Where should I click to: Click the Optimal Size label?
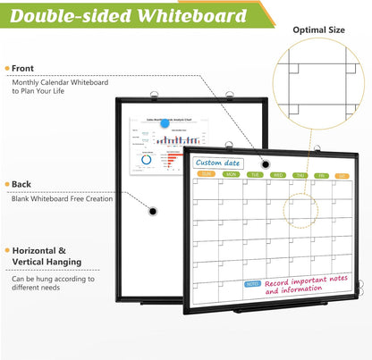pos(319,29)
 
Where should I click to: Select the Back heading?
pos(21,184)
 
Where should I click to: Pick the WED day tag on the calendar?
pos(279,175)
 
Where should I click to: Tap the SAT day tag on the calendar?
pos(342,176)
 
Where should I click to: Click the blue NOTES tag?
pos(253,283)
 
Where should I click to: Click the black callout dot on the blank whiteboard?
pos(152,211)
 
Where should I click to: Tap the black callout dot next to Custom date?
pos(265,163)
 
